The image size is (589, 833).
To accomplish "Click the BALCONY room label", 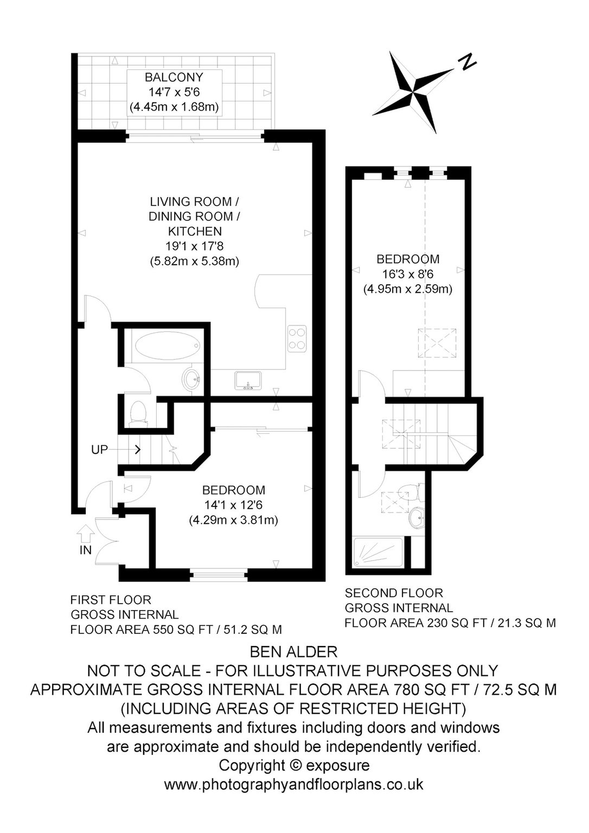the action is pos(174,78).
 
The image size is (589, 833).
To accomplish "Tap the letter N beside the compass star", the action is pos(466,62).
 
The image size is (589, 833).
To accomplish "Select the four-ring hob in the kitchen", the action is pos(297,338).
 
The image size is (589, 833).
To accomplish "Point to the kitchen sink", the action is pos(249,381).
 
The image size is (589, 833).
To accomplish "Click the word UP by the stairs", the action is pos(99,450).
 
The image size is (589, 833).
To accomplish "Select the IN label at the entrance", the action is pos(86,550).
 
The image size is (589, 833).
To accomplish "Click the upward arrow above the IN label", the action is pos(86,533).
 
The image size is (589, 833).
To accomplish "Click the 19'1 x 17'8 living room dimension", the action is pos(194,246).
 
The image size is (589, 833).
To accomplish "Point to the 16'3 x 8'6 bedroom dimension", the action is pos(408,274).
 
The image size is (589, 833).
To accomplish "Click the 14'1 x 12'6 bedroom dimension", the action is pos(234,505).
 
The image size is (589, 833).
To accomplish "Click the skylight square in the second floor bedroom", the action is pos(437,343).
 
